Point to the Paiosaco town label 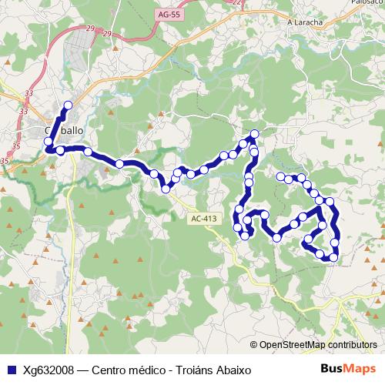tap(370, 2)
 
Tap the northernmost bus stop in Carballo tap(68, 105)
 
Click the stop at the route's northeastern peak tap(255, 135)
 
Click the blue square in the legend tap(11, 370)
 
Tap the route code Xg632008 tap(48, 370)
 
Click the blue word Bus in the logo tap(333, 369)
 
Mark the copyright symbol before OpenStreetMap tap(255, 345)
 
